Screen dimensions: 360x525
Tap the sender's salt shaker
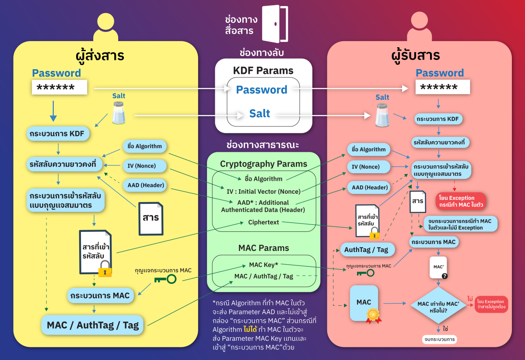tap(119, 113)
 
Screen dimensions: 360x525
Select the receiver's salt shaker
tap(382, 115)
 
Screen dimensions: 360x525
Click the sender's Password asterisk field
tap(59, 87)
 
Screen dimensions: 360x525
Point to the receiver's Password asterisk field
tap(442, 87)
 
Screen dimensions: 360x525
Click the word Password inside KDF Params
tap(262, 90)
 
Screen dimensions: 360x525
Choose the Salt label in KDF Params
tap(259, 114)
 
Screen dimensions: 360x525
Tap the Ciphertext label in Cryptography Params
tap(263, 222)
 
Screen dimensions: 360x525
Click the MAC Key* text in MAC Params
tap(263, 265)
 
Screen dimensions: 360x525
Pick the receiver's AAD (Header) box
tap(370, 188)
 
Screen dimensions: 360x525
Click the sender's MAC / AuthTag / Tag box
tap(92, 325)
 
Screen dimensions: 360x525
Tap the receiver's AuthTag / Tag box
tap(366, 249)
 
